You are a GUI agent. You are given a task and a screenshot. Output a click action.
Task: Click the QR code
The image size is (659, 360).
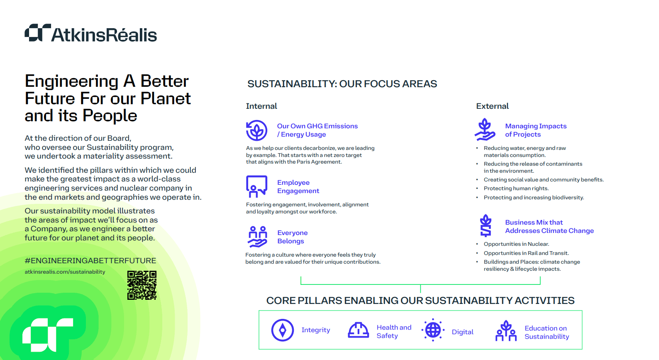(142, 285)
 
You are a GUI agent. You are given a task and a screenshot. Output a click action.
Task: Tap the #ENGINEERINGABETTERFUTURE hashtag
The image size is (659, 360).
(90, 260)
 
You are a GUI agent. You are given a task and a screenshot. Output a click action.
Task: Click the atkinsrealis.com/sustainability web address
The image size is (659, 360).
(65, 272)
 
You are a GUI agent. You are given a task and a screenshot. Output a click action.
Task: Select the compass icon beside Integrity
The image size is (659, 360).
(283, 330)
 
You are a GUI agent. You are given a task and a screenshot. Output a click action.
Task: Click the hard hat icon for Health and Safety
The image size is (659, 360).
(358, 330)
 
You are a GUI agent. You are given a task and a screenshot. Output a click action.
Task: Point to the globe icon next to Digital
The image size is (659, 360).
(433, 330)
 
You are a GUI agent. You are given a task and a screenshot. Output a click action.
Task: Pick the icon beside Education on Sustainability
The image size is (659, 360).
(506, 331)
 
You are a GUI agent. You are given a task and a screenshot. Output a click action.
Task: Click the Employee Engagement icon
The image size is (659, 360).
(256, 186)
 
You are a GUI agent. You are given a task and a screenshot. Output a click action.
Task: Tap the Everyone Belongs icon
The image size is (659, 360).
(257, 237)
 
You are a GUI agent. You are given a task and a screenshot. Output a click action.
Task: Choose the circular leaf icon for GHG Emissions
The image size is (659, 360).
(256, 130)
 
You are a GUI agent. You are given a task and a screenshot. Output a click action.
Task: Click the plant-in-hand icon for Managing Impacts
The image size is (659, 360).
(485, 130)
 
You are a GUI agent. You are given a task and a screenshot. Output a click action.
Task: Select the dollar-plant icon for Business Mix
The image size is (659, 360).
(486, 225)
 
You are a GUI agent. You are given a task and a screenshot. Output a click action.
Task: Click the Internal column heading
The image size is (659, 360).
(261, 106)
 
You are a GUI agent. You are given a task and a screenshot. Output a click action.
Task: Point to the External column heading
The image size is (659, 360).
(493, 106)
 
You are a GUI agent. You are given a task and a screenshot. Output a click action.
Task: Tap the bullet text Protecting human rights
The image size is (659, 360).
(516, 189)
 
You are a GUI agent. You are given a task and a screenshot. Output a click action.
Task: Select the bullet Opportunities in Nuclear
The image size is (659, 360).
(516, 244)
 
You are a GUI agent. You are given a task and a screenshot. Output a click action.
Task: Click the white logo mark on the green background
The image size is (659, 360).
(48, 335)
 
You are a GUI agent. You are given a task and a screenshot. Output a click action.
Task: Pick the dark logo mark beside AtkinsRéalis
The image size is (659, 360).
(38, 33)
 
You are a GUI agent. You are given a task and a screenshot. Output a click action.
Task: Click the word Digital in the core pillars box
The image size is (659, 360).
(462, 332)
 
